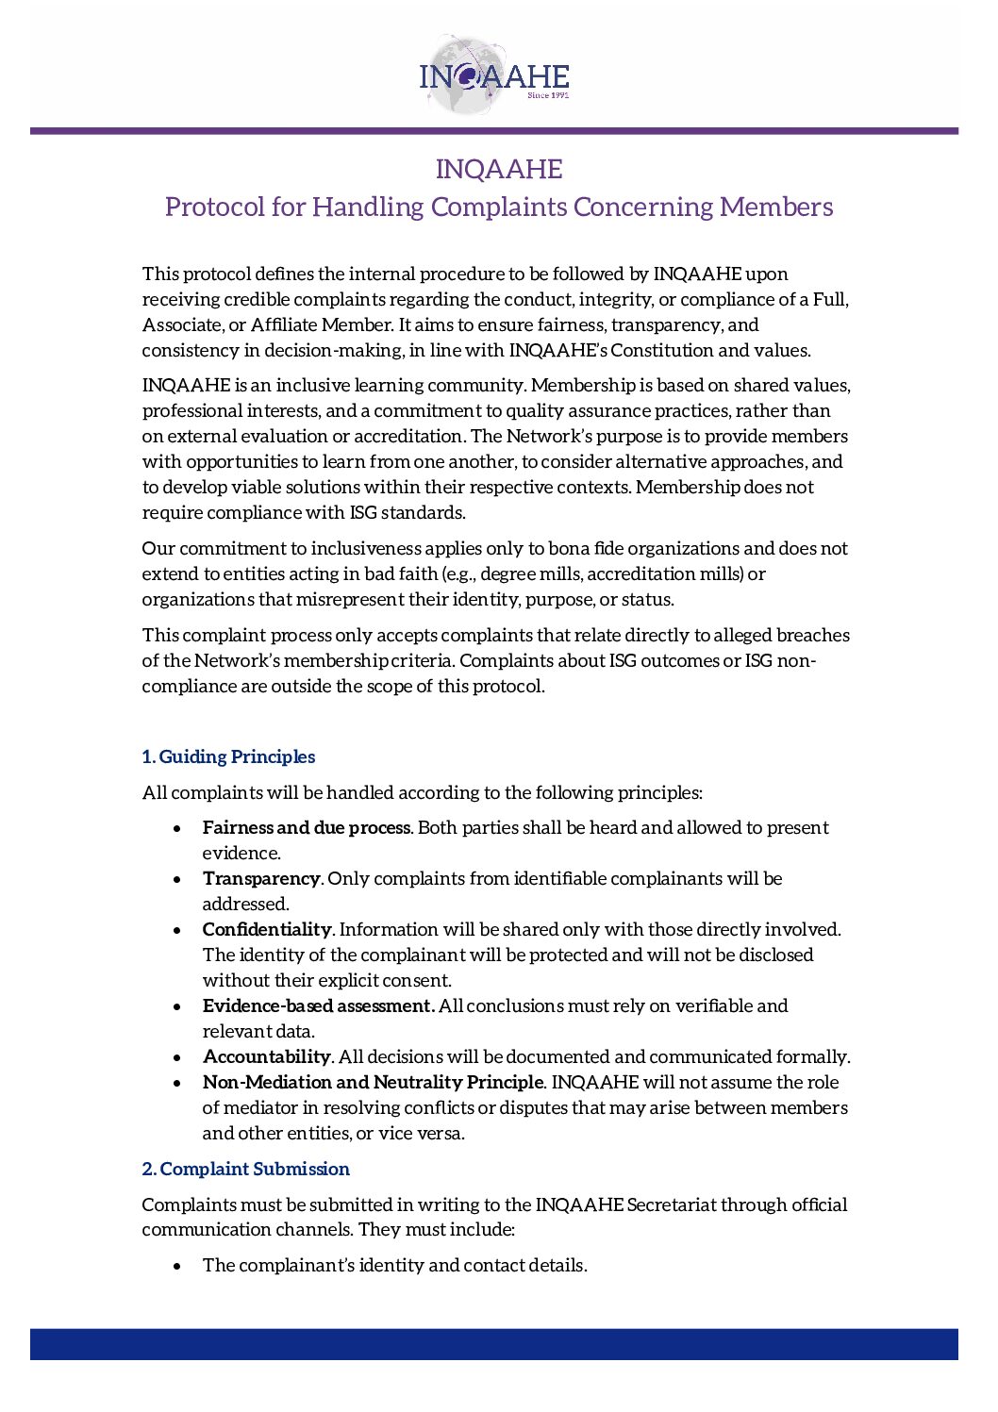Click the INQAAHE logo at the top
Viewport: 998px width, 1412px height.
click(493, 76)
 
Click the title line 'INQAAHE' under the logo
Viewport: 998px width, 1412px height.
click(499, 169)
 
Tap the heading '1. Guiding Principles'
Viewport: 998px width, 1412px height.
click(228, 756)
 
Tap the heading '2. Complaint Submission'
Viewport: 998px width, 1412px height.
click(245, 1169)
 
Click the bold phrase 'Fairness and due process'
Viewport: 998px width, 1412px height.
click(307, 827)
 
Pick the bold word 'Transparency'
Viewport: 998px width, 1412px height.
click(261, 878)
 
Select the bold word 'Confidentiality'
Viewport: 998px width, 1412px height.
click(267, 929)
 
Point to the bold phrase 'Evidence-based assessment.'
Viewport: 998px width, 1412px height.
click(319, 1005)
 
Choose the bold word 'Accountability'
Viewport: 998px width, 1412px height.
click(266, 1056)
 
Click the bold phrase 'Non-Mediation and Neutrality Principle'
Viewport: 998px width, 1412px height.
click(373, 1082)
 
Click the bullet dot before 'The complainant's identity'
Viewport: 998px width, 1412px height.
click(177, 1266)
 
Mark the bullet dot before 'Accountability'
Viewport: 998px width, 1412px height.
click(177, 1057)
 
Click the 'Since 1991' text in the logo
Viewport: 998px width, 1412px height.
click(548, 95)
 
